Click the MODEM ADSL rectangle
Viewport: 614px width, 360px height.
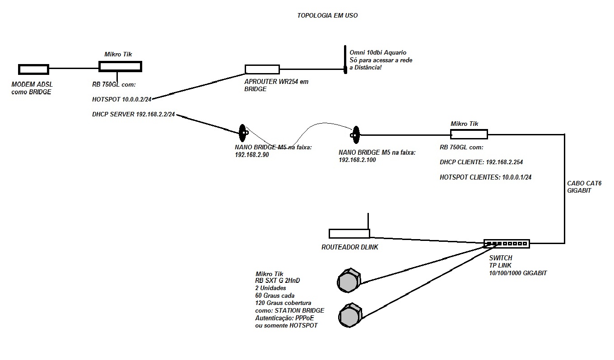33,69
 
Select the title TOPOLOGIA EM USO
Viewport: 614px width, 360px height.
327,15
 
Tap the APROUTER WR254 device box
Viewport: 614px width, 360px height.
262,69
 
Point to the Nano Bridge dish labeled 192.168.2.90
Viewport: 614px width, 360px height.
243,132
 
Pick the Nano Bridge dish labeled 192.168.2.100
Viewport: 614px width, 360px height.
355,134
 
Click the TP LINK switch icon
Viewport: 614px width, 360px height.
506,244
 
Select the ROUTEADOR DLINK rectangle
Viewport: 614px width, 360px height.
349,233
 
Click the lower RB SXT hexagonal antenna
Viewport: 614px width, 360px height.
349,315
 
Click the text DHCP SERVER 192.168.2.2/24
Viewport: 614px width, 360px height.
134,115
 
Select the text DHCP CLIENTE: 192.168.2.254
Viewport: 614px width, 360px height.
481,162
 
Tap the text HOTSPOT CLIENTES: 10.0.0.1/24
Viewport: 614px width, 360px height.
485,177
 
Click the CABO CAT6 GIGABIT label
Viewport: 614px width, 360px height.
584,187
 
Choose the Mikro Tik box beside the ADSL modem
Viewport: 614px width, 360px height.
120,66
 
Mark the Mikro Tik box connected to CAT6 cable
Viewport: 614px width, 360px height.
469,134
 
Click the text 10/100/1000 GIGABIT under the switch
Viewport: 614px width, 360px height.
518,273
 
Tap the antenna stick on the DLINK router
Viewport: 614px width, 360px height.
368,221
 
